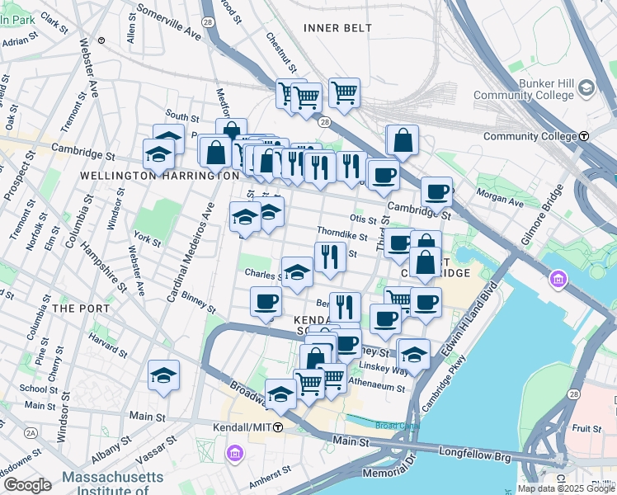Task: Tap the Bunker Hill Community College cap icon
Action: pos(586,87)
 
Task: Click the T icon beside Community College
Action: pos(584,136)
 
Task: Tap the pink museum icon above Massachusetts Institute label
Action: pos(233,454)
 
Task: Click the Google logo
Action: pos(27,485)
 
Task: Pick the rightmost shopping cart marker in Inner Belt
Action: pos(344,92)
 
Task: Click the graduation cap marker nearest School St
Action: pos(164,375)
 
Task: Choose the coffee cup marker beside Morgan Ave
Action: pos(436,192)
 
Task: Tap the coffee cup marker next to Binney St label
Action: pos(266,301)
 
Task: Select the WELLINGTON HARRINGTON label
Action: pos(159,176)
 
